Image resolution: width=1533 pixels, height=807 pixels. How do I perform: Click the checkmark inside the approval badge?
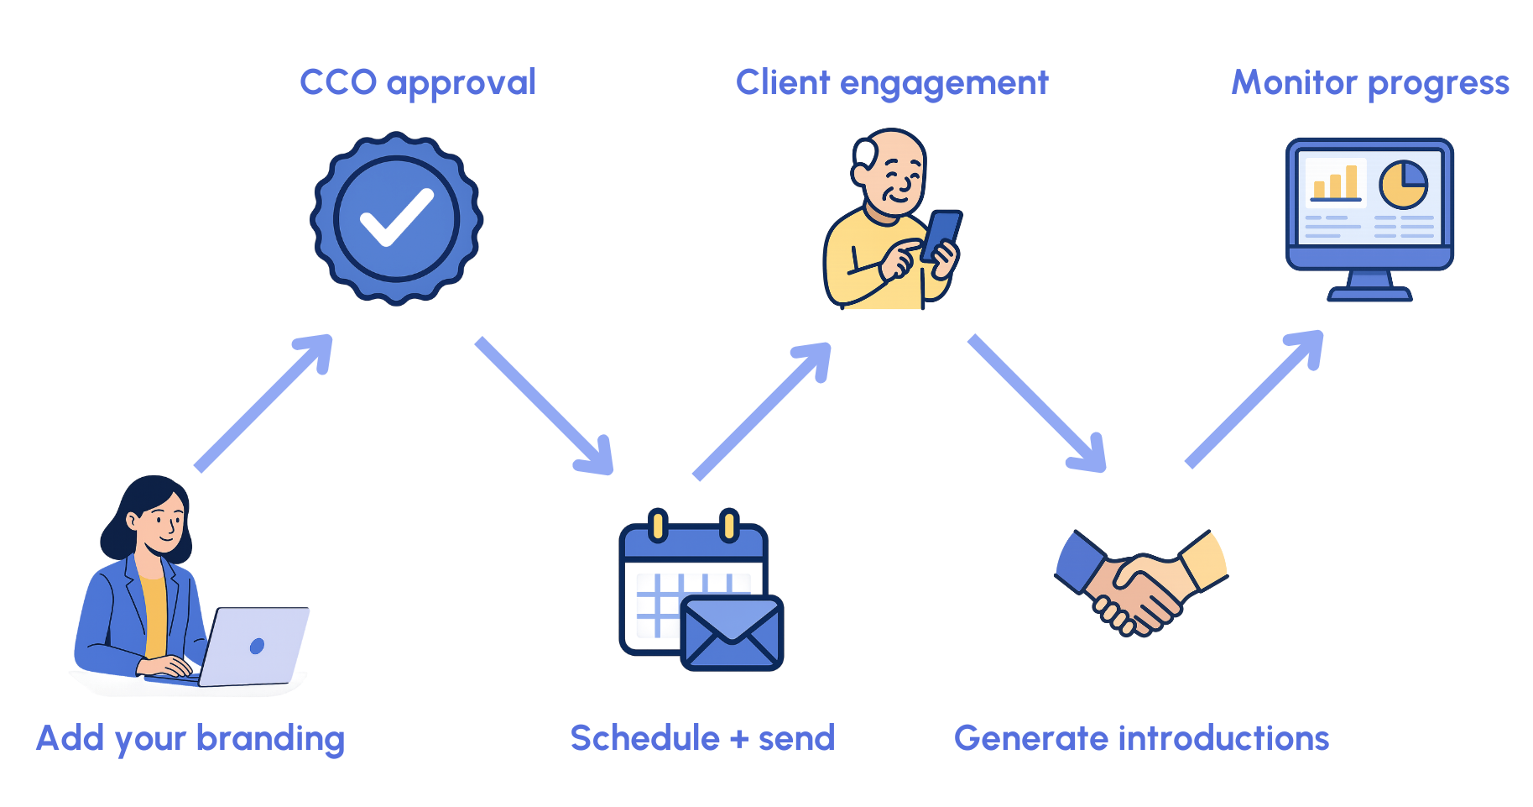coord(395,217)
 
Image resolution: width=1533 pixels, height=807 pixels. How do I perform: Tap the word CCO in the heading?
coord(338,82)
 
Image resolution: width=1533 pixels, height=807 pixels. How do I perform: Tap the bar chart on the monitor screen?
coord(1335,182)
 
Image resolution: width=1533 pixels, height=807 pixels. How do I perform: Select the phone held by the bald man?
coord(942,235)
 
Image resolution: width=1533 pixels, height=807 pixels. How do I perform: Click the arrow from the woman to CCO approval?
coord(263,403)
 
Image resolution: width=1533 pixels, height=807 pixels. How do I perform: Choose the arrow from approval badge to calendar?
coord(545,406)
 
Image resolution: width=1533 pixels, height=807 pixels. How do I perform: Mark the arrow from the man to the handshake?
coord(1037,404)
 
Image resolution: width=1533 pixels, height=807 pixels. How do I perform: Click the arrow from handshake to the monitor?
coord(1254,400)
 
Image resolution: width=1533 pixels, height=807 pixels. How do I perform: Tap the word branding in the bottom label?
coord(270,739)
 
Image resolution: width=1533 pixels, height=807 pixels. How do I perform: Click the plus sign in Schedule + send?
coord(739,739)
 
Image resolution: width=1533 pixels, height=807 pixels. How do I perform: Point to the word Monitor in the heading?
coord(1294,82)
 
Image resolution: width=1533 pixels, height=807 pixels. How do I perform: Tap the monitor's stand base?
coord(1369,293)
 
